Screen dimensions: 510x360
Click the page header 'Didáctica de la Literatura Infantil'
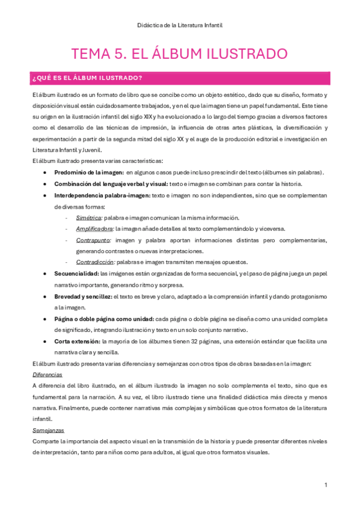[180, 25]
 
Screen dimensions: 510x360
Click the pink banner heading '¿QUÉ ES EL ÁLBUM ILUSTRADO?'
[87, 78]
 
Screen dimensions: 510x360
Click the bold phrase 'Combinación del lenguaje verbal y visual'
[109, 184]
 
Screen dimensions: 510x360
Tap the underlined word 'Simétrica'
[89, 218]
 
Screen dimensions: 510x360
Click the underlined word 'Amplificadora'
[95, 229]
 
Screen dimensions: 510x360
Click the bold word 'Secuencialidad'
[76, 274]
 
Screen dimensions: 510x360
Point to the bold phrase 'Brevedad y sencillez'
[82, 296]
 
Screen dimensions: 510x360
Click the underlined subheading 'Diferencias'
[47, 374]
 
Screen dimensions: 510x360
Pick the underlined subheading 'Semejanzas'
[48, 431]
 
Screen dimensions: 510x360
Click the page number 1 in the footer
[325, 485]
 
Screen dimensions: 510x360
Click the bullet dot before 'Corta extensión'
[46, 342]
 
